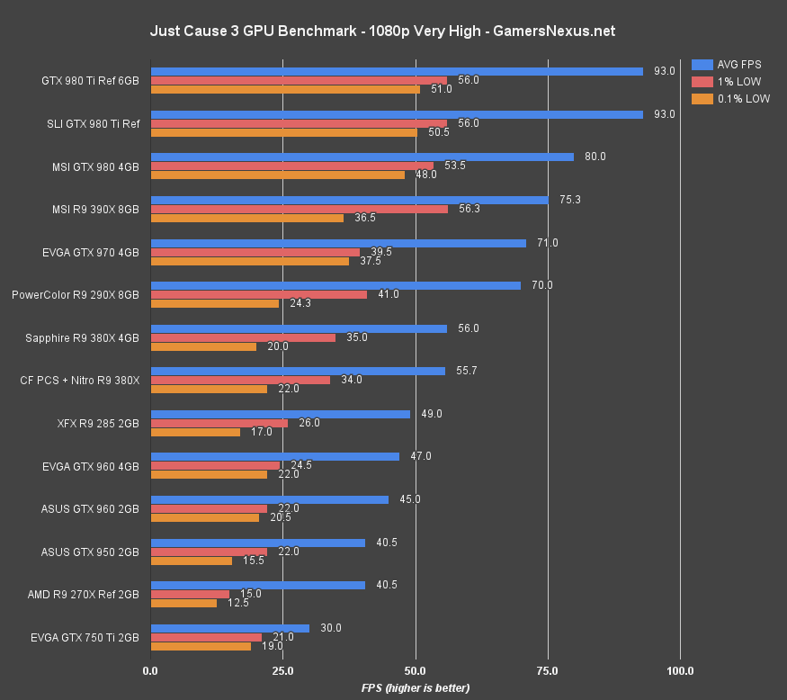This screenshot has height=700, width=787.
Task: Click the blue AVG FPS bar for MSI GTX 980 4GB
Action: click(362, 157)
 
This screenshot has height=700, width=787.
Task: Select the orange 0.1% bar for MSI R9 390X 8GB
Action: click(246, 218)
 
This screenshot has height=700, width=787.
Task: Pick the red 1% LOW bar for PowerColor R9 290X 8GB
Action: click(258, 294)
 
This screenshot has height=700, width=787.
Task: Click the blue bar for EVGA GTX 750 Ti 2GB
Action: click(229, 628)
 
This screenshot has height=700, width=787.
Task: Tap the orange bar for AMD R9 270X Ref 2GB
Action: click(183, 603)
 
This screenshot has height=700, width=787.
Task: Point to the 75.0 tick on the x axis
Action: click(548, 670)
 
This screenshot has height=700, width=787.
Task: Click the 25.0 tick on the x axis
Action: click(283, 670)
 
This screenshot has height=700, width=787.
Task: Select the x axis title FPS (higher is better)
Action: click(416, 687)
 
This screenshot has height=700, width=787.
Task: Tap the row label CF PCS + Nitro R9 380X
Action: click(80, 380)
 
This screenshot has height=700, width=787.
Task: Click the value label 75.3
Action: click(570, 200)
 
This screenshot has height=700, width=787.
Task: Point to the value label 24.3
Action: click(301, 303)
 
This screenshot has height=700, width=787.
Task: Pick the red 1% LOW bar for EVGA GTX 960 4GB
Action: click(215, 465)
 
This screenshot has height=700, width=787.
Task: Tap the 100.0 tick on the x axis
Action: click(680, 670)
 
